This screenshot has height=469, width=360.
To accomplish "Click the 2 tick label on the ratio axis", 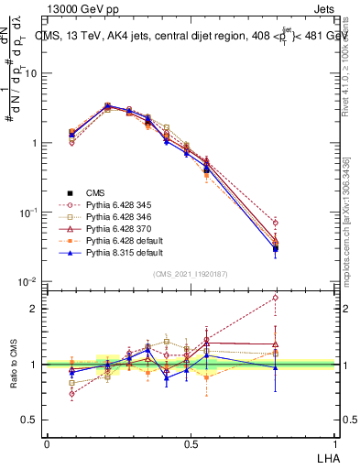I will coord(35,309).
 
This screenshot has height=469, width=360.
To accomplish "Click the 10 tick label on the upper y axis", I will coord(30,73).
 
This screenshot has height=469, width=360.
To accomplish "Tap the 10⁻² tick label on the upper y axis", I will coord(27,282).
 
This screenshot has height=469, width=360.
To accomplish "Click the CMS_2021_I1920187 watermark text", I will coord(190,274).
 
